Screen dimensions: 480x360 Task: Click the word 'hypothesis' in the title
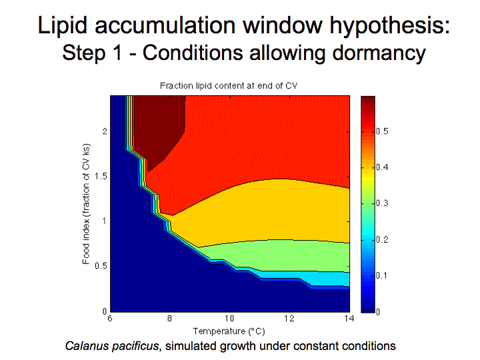389,26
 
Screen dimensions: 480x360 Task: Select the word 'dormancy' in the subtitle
379,53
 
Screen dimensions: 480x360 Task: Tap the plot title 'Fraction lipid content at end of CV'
229,86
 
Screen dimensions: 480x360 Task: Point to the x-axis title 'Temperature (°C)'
229,331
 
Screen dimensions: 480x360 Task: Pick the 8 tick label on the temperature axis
169,319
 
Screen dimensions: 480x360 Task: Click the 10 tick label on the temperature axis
229,319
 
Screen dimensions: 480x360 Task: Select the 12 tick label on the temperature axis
289,319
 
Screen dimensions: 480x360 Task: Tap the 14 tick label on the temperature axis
349,319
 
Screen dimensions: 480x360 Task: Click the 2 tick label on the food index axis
105,131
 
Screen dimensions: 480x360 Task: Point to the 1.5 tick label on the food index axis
101,177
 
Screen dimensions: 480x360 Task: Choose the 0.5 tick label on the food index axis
101,266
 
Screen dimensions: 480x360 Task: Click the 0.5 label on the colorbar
382,131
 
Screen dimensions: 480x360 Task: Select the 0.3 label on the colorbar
382,203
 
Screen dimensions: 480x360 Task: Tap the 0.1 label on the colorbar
382,275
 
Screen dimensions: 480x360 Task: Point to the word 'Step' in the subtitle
83,53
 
